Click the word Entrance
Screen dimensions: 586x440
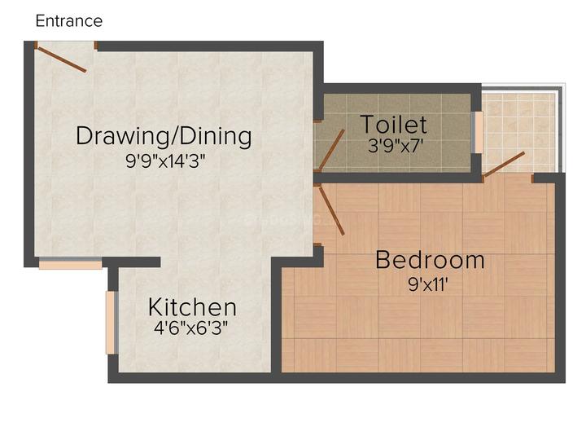[x=68, y=21]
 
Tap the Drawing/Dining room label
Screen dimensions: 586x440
[x=164, y=137]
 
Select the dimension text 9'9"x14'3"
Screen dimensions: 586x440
[x=165, y=161]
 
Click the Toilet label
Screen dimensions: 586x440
[x=394, y=124]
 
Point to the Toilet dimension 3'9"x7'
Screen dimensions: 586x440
[x=396, y=145]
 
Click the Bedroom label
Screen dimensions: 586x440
[x=430, y=260]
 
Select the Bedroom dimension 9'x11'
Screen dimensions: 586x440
[x=428, y=284]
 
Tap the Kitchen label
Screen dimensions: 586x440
[x=192, y=307]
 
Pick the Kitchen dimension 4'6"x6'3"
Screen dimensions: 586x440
[x=190, y=328]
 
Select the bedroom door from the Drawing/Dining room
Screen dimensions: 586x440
[x=331, y=211]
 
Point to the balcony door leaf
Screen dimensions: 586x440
[x=504, y=164]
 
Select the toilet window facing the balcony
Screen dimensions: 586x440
[x=477, y=132]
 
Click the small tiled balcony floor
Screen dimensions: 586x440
[x=521, y=131]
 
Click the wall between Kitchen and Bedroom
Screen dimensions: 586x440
[x=276, y=318]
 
